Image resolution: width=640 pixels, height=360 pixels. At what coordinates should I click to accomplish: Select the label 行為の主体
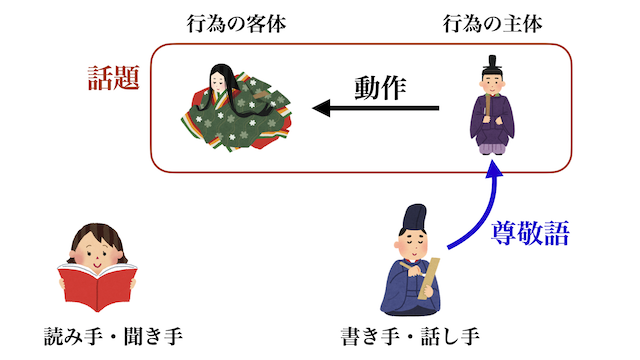point(493,24)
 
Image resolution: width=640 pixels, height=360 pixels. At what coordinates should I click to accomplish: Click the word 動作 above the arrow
point(381,88)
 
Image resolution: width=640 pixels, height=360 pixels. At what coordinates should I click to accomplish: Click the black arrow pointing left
point(375,108)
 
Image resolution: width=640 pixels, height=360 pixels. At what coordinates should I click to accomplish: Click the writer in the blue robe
point(411,265)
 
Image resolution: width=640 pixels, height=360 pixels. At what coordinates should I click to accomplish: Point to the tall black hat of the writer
point(411,216)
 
